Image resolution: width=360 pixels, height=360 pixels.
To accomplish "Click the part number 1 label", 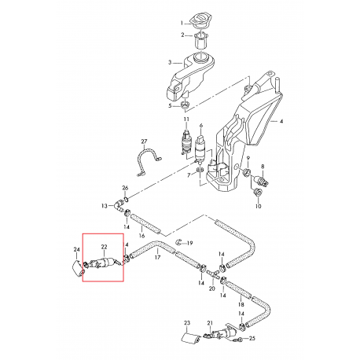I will tap(181, 22).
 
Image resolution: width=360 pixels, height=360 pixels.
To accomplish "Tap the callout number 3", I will tap(169, 62).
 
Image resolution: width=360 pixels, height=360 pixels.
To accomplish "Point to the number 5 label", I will tap(169, 105).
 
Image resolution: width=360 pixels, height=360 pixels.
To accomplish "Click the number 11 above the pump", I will tap(186, 119).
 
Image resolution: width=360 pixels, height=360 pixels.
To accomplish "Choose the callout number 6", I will tap(201, 126).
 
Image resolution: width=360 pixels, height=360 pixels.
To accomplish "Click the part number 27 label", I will tap(143, 141).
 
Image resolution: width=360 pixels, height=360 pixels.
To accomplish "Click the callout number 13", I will tap(104, 206).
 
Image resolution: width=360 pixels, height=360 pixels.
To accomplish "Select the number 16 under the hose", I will tap(142, 235).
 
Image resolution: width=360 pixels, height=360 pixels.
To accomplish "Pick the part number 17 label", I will tap(157, 258).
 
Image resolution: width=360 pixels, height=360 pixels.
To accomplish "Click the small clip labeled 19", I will tap(179, 243).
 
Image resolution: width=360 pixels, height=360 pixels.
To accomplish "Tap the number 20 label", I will tap(211, 288).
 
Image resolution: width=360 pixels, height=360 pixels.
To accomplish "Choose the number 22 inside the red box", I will tap(103, 247).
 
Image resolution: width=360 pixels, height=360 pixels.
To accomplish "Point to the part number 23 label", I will tap(187, 322).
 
